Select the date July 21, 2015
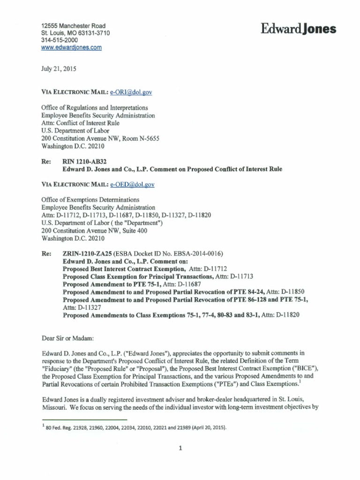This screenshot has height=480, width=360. [x=59, y=68]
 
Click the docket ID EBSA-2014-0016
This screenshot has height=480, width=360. [x=192, y=254]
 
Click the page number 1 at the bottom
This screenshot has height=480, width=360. [x=180, y=448]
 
